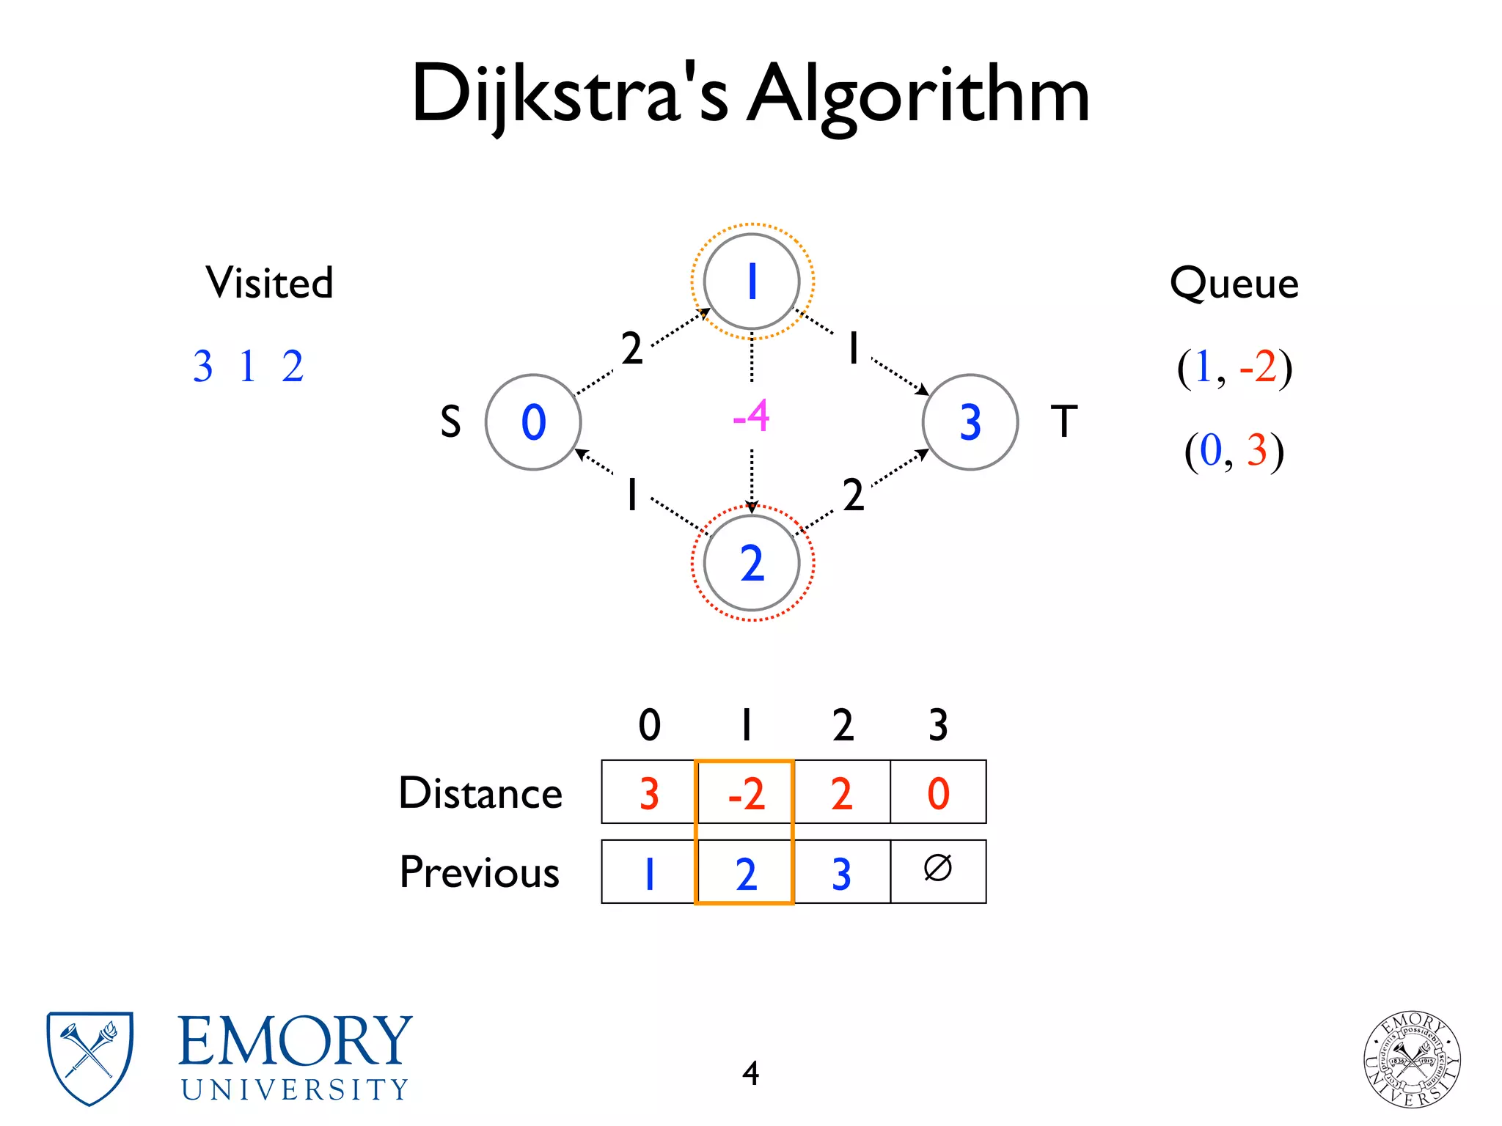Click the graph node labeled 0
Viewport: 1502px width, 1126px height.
pos(533,422)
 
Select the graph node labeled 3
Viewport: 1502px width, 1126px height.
pos(970,422)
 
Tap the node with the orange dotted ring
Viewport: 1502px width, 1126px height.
pos(752,281)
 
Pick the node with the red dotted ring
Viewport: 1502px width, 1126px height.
pos(752,563)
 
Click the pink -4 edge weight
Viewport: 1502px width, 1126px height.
pos(751,416)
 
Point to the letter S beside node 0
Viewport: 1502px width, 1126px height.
pos(450,422)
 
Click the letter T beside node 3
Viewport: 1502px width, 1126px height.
pos(1064,422)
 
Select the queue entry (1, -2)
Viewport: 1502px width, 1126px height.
pos(1234,367)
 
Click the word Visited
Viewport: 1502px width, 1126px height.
pos(269,283)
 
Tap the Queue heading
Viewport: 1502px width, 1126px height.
pos(1234,283)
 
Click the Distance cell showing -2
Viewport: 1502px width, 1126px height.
pos(745,793)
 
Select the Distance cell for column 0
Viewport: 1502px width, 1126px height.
pos(648,793)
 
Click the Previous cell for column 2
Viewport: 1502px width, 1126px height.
pos(842,872)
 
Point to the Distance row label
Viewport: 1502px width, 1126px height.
pos(480,793)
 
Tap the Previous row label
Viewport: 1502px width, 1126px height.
pos(480,872)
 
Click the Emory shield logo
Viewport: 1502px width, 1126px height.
pos(89,1057)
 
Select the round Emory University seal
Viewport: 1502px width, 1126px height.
pos(1412,1059)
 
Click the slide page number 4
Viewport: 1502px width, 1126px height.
pos(750,1073)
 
